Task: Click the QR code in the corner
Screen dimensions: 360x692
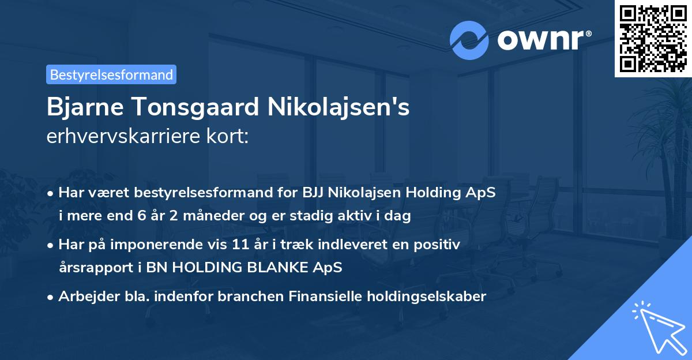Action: [x=652, y=38]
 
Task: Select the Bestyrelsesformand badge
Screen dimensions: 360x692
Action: [x=111, y=74]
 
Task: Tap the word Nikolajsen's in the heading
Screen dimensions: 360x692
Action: [x=334, y=108]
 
